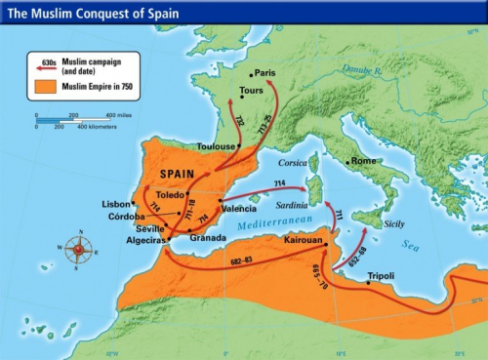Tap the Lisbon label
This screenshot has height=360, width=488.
click(115, 203)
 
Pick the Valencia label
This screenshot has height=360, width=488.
click(239, 209)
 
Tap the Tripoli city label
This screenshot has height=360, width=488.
click(382, 276)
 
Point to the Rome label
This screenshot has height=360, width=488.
click(363, 161)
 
